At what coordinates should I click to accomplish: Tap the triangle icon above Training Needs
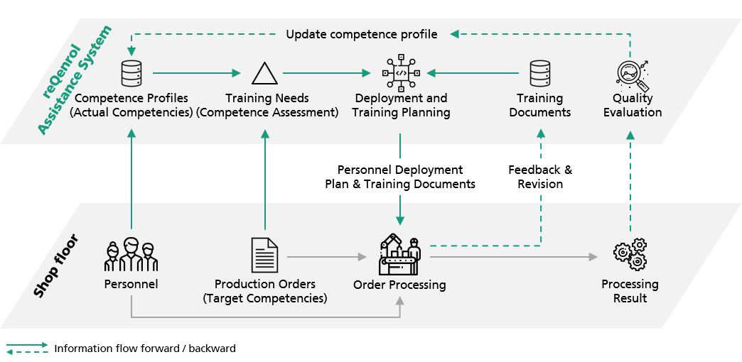(x=265, y=73)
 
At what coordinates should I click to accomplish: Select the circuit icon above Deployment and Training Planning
(x=401, y=73)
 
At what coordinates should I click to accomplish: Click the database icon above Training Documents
(x=540, y=73)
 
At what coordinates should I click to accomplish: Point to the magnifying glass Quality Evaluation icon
(x=633, y=75)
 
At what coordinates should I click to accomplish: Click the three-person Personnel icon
(x=131, y=256)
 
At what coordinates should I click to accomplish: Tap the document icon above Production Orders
(x=265, y=256)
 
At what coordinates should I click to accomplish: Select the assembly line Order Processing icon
(x=400, y=256)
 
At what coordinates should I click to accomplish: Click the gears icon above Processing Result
(x=630, y=255)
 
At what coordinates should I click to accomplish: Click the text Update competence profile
(x=362, y=34)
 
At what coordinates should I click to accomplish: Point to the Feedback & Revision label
(x=540, y=177)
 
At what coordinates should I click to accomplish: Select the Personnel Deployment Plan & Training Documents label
(x=400, y=177)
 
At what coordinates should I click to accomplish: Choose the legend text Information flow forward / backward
(x=145, y=349)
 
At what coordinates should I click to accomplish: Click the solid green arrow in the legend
(x=28, y=345)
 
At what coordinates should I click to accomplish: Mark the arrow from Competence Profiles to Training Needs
(x=197, y=73)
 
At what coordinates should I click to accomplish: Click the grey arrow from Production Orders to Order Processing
(x=327, y=257)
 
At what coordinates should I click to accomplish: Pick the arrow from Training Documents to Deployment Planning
(x=473, y=73)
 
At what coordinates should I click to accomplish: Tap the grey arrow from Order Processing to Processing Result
(x=514, y=257)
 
